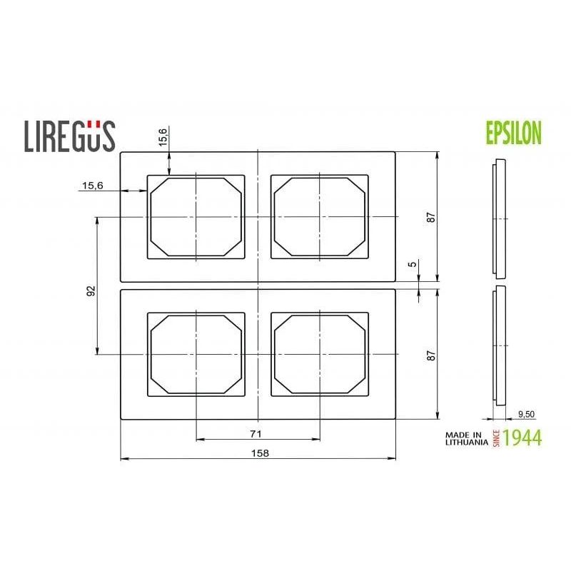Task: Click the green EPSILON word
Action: [x=513, y=133]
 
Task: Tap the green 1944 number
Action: [x=522, y=438]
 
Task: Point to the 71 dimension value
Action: [x=257, y=433]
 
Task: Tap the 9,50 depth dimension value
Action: [x=526, y=413]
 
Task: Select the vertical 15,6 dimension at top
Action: [x=163, y=138]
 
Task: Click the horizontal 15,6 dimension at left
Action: [x=92, y=186]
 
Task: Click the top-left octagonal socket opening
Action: [x=196, y=217]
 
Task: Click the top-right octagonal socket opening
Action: [x=320, y=217]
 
